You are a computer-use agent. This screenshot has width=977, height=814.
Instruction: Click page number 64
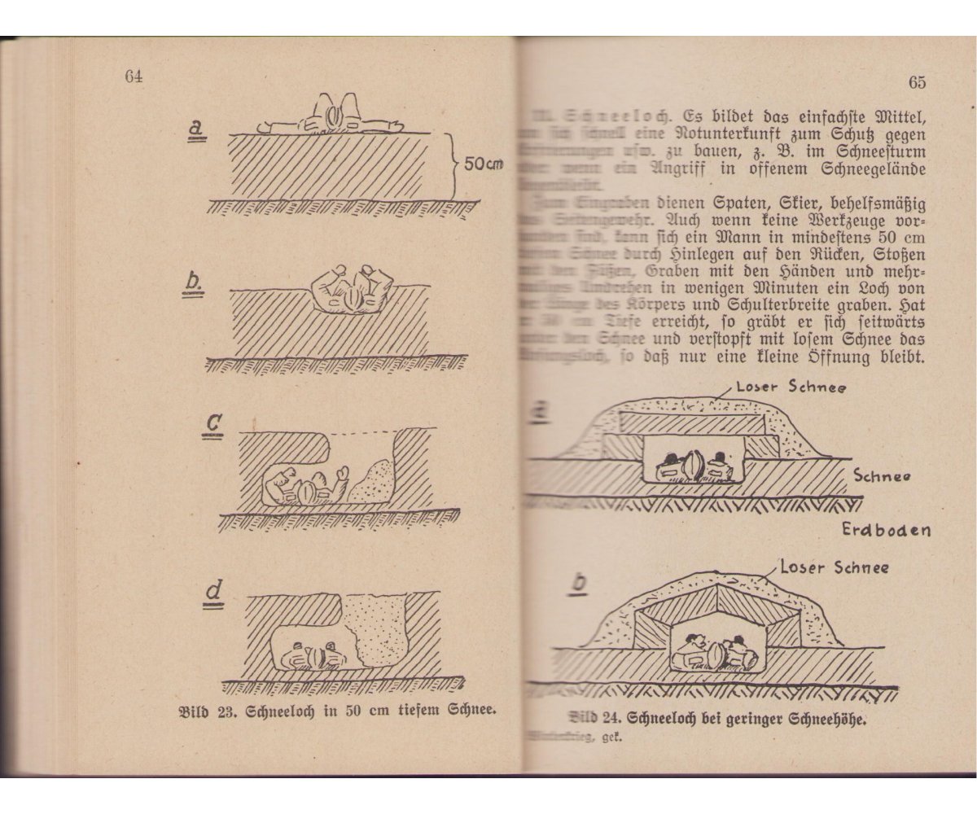tap(134, 77)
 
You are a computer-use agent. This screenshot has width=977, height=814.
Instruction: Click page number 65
tap(917, 82)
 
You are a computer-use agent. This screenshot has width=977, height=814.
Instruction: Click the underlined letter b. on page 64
tap(195, 281)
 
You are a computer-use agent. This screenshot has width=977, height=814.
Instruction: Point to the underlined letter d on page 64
tap(213, 597)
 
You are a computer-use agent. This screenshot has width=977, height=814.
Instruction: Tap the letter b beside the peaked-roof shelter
tap(579, 584)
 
